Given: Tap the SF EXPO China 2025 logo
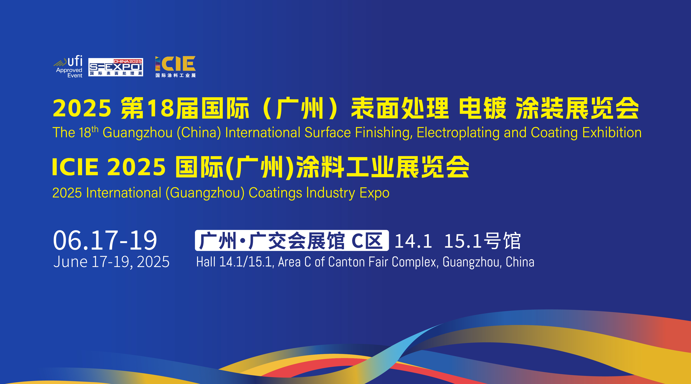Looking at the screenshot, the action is click(x=116, y=67).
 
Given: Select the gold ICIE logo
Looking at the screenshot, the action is click(x=175, y=67).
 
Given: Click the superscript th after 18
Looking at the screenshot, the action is click(x=95, y=129).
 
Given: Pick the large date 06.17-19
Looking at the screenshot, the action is click(x=105, y=240).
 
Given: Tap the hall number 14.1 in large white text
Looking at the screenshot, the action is click(x=413, y=241).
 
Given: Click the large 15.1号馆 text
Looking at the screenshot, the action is click(x=482, y=241).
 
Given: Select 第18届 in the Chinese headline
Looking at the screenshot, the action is click(x=159, y=108).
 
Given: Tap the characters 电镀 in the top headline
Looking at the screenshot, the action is click(x=483, y=108).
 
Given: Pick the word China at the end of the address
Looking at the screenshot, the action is click(x=520, y=262).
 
